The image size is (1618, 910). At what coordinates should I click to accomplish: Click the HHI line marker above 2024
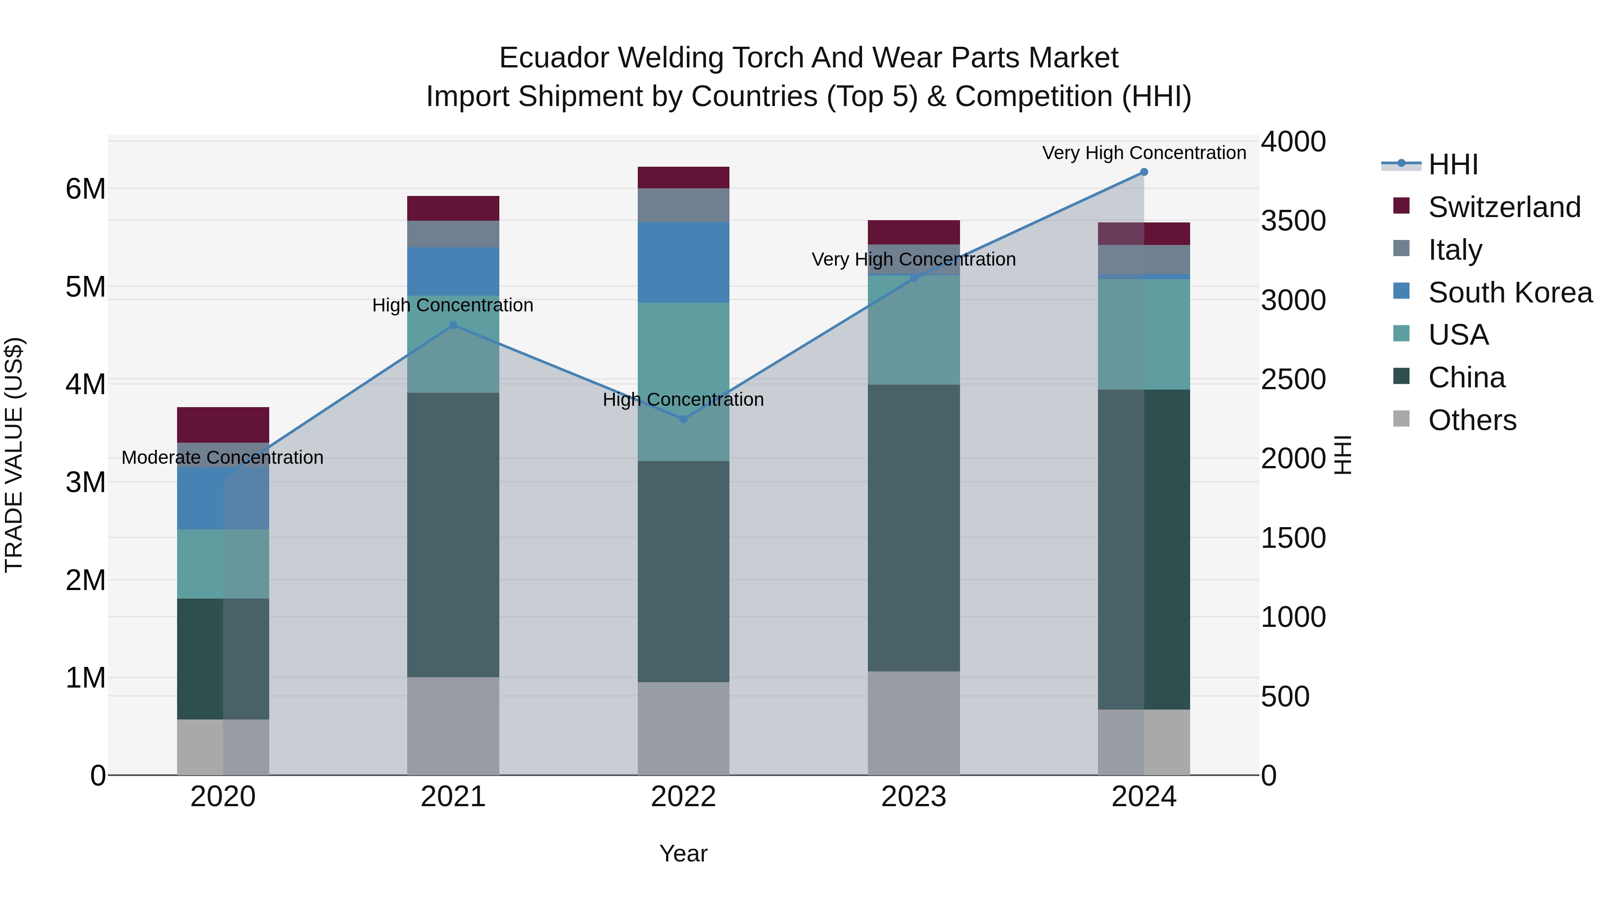point(1144,172)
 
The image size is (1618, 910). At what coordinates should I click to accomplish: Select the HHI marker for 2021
point(453,325)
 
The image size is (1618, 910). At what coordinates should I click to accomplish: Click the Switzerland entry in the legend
point(1504,207)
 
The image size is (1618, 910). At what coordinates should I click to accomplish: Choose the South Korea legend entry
point(1510,293)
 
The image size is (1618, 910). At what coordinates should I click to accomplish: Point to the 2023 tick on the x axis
point(913,797)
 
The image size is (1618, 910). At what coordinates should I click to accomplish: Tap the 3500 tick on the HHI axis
point(1293,221)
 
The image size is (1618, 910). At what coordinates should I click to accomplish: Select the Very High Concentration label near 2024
point(1144,153)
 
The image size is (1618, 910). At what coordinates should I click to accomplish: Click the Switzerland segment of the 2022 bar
point(683,178)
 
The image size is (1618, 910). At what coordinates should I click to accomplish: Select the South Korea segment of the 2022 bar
point(683,262)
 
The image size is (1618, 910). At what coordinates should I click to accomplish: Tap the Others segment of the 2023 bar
point(914,723)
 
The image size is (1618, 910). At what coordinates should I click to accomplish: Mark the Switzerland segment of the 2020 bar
point(223,425)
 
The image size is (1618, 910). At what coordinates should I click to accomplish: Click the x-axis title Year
point(683,854)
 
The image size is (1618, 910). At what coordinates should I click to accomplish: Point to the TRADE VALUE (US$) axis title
point(14,455)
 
